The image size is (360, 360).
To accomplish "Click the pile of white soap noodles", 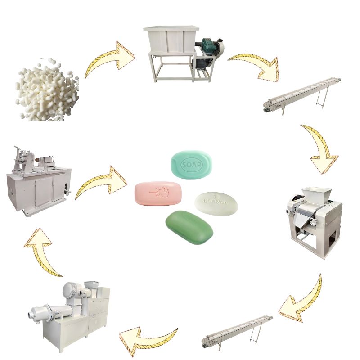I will (x=47, y=90).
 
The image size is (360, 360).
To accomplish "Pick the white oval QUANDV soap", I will (x=216, y=203).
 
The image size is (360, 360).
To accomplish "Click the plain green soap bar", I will (x=189, y=227).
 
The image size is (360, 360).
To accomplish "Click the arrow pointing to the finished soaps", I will (x=101, y=182).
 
